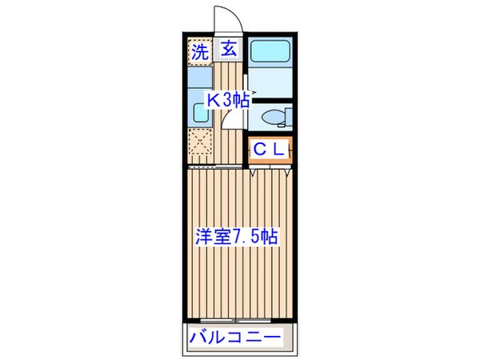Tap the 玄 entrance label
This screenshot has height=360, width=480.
pos(227,50)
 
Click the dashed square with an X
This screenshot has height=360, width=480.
pos(200,146)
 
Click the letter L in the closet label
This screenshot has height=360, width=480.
pos(279,150)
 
